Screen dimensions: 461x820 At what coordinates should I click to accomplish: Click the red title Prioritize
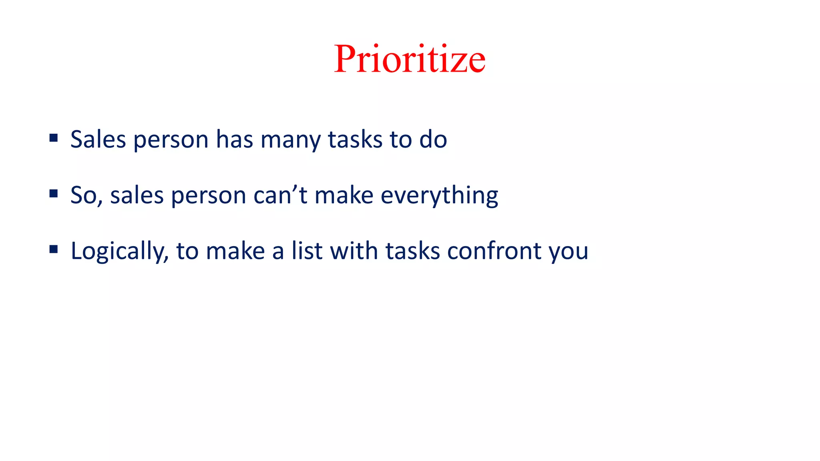point(410,59)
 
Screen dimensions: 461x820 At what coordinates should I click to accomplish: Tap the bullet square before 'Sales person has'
point(54,138)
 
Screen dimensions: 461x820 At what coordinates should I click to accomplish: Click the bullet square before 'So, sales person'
point(54,194)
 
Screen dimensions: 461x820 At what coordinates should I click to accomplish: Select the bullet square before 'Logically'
point(54,250)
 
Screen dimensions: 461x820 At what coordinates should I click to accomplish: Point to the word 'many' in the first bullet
point(290,140)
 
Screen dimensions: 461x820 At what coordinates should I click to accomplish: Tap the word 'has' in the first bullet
point(234,140)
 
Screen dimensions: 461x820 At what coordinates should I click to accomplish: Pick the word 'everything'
point(439,196)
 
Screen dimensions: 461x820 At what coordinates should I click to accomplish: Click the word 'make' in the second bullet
point(344,196)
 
